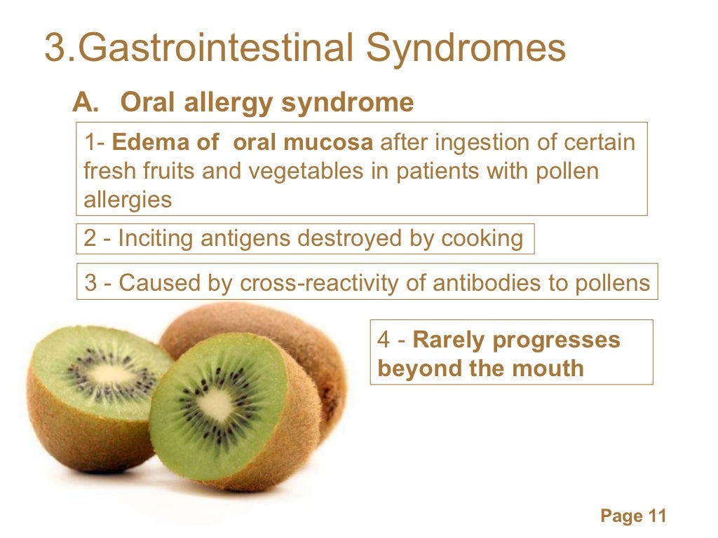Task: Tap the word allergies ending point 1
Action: [x=128, y=200]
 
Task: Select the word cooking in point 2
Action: [x=482, y=238]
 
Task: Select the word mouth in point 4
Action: [x=548, y=368]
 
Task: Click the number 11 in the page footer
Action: [x=656, y=516]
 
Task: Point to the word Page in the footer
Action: [x=621, y=516]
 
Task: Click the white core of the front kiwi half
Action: [x=215, y=404]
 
